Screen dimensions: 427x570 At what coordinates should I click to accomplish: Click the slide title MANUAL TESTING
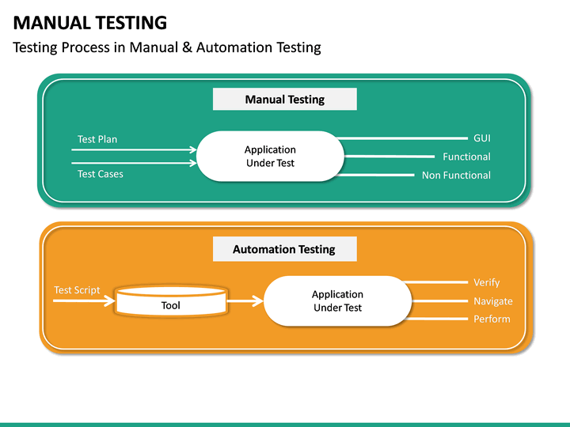tap(90, 23)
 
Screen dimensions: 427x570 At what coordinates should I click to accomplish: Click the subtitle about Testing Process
tap(167, 47)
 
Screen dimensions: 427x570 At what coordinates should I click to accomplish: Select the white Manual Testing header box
tap(284, 100)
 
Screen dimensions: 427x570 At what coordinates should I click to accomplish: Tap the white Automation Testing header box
tap(284, 249)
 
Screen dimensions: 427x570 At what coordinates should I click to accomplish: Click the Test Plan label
tap(97, 139)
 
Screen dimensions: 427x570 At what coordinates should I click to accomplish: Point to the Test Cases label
tap(101, 174)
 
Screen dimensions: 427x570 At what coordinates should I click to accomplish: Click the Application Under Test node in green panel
tap(270, 156)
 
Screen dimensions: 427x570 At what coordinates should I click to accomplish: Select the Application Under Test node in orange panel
tap(337, 300)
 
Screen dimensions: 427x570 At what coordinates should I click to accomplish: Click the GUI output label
tap(481, 138)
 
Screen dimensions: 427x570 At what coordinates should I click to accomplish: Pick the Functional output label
tap(466, 157)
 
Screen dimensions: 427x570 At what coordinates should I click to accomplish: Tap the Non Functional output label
tap(456, 175)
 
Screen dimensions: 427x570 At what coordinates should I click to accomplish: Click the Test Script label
tap(77, 290)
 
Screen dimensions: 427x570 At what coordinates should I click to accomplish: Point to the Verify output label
tap(486, 282)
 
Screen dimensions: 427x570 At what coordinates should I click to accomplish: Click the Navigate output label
tap(492, 300)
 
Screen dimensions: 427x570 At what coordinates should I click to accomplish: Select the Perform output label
tap(492, 319)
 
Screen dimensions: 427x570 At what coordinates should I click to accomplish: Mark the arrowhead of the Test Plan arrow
tap(192, 149)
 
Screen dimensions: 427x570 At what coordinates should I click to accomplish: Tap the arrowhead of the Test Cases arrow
tap(192, 164)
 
